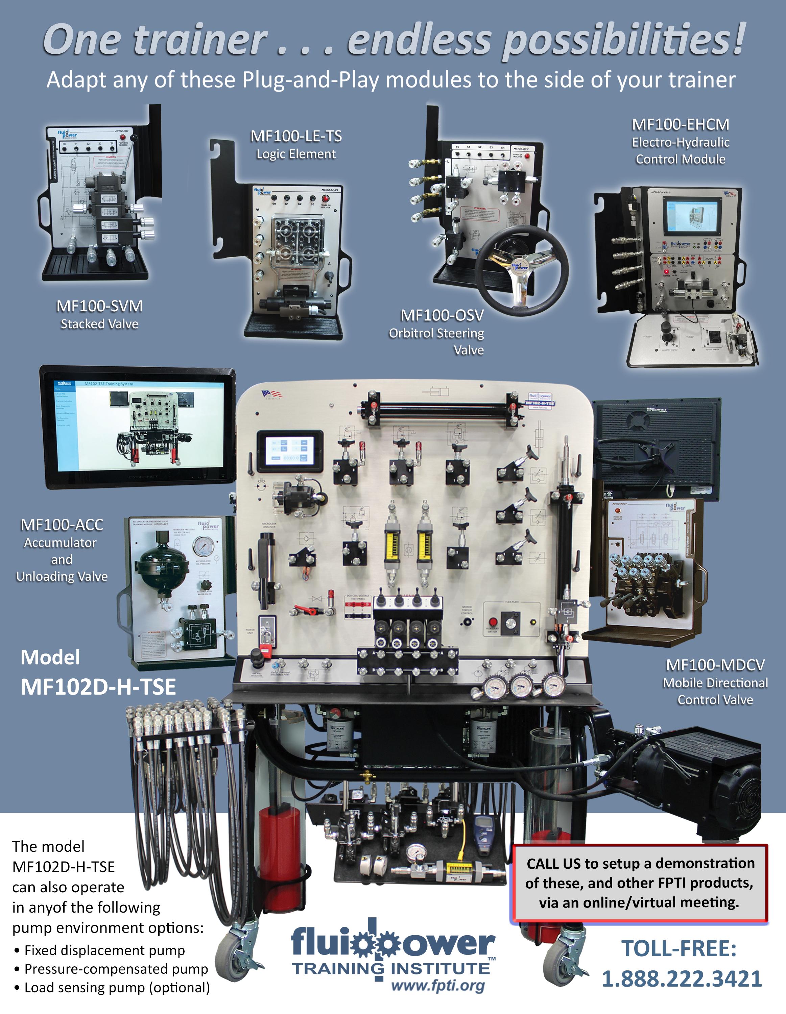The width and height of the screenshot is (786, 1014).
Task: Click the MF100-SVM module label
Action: pos(99,307)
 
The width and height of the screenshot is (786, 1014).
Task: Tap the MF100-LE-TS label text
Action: pos(296,137)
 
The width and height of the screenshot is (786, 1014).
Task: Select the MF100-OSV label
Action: pos(442,316)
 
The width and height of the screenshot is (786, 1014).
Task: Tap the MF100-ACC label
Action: pos(62,525)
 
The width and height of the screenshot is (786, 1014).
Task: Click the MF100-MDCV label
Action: pos(715,665)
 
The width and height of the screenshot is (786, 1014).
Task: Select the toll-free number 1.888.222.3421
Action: pos(682,979)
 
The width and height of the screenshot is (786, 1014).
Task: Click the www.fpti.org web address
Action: pos(438,985)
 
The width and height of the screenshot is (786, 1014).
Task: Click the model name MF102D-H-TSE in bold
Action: pos(98,687)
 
